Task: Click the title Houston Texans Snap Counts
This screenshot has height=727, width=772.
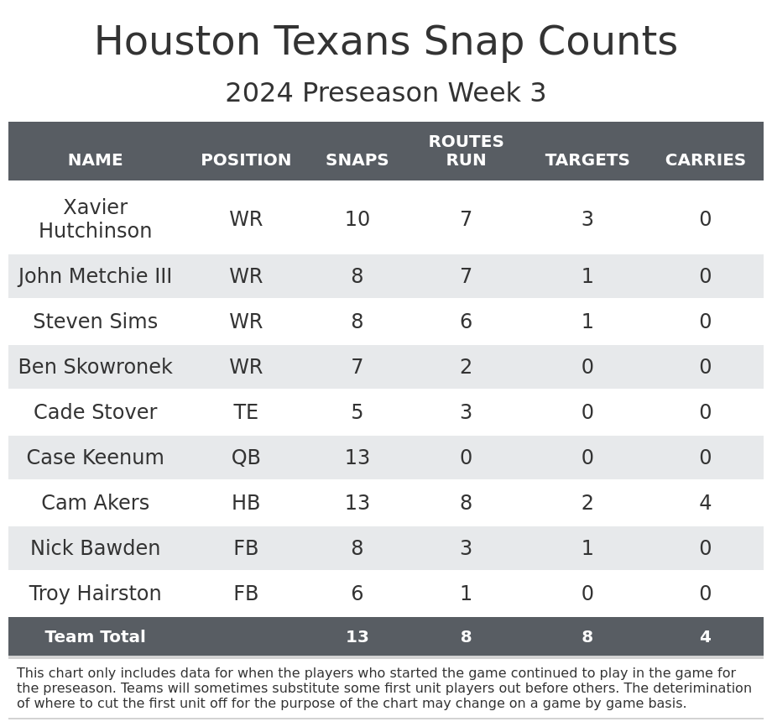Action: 385,42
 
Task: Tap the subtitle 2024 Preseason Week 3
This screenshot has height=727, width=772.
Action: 385,93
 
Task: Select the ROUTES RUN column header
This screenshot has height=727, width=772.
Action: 466,151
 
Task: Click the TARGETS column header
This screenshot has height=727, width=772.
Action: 587,160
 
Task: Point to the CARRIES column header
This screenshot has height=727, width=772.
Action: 705,160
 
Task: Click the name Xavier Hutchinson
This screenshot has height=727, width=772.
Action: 95,219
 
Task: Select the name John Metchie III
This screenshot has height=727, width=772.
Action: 95,276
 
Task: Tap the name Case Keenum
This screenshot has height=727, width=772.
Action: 95,458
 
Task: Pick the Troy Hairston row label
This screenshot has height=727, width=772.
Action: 95,594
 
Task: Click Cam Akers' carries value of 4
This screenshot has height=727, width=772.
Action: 705,503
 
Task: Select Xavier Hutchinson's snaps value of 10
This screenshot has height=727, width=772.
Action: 357,219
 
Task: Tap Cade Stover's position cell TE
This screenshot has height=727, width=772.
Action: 246,412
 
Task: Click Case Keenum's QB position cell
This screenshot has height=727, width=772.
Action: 246,458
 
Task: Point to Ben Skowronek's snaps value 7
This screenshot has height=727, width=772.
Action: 357,367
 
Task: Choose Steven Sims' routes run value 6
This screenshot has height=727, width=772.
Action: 466,322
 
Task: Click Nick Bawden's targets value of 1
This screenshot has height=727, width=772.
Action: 587,548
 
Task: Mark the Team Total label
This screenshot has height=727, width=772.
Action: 95,637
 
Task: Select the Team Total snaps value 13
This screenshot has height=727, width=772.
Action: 357,637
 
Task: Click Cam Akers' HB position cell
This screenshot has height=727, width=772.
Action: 246,503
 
